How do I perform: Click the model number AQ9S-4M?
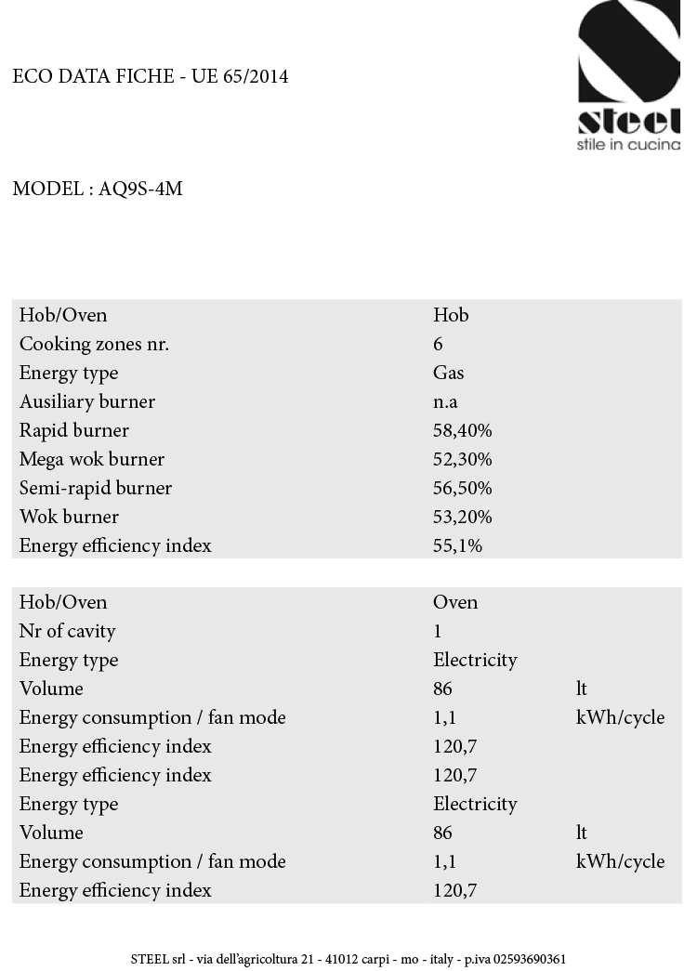coord(140,190)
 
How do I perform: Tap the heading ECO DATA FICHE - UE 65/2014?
coord(151,77)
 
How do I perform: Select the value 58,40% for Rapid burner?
coord(462,430)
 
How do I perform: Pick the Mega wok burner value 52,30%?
coord(462,459)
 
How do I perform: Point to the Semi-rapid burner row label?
coord(96,488)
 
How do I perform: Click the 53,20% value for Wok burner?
coord(462,517)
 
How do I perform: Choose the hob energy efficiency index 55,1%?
coord(457,545)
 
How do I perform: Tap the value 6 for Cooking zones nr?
coord(439,344)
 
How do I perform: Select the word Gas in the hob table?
coord(448,373)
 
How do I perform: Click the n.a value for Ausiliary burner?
coord(445,401)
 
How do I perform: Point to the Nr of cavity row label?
coord(68,631)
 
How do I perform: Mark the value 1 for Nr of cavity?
coord(438,631)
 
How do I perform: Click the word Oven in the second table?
coord(455,602)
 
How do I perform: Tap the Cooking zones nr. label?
coord(94,344)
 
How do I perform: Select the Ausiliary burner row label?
coord(87,401)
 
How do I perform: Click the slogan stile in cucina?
coord(628,144)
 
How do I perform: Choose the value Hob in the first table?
coord(451,315)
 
